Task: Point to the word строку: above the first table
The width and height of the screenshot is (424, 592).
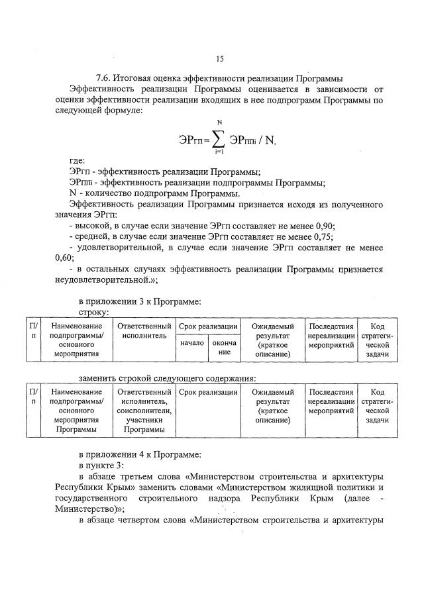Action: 94,312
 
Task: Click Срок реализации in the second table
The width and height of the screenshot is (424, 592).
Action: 208,393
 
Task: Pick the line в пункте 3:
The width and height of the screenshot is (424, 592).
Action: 101,466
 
